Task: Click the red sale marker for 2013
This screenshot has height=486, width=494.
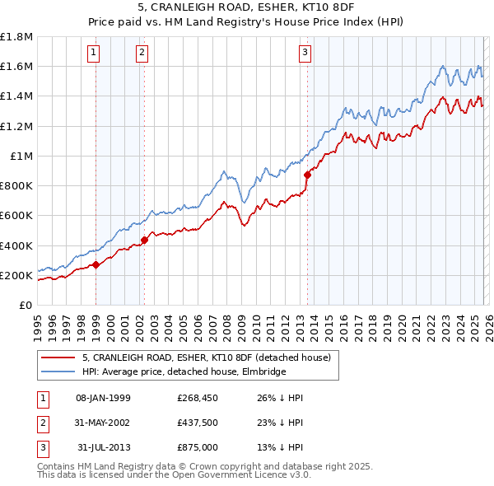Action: [x=308, y=175]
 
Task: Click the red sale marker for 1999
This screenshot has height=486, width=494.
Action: [x=96, y=264]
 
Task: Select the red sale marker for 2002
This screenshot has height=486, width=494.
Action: [x=144, y=240]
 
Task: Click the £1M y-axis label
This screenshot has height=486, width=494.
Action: [x=21, y=156]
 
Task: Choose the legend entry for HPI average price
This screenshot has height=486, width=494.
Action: [x=184, y=372]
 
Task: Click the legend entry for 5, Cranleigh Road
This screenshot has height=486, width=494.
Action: [x=206, y=357]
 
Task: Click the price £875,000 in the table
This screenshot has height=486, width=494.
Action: [x=197, y=447]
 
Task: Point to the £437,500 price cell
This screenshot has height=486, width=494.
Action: [x=197, y=423]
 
